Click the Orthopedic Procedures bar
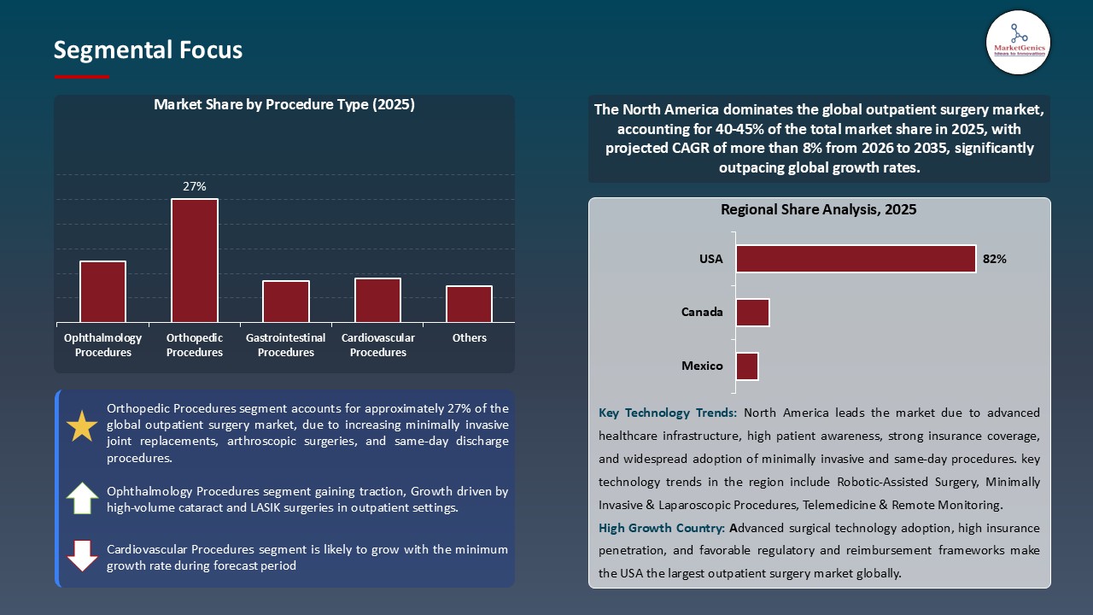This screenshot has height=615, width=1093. coord(195,261)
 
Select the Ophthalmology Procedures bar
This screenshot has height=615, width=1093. coord(103,291)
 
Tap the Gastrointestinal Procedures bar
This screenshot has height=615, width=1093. coord(286,301)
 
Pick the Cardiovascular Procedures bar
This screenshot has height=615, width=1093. coord(377,300)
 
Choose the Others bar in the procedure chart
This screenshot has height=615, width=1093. coord(469,304)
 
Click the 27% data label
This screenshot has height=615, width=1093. coord(195,186)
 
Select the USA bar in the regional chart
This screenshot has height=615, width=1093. coord(856,259)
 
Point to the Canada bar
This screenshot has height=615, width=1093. coord(752,313)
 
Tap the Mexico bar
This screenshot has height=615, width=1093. coord(747,366)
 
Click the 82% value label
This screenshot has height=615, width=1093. coord(995,259)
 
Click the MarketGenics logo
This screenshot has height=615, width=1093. coord(1017,41)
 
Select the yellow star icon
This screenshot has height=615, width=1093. coord(82,426)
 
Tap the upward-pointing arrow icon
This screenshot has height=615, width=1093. coord(82,498)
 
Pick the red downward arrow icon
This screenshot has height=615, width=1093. coord(82,556)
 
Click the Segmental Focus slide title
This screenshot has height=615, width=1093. coord(148,50)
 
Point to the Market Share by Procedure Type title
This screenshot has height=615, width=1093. coord(284,105)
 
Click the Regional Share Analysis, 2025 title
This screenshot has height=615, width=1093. coord(818,209)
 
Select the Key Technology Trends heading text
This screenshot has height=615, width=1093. coord(668,413)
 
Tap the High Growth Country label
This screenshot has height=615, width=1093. coord(662,528)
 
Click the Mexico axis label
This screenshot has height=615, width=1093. coord(702,366)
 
